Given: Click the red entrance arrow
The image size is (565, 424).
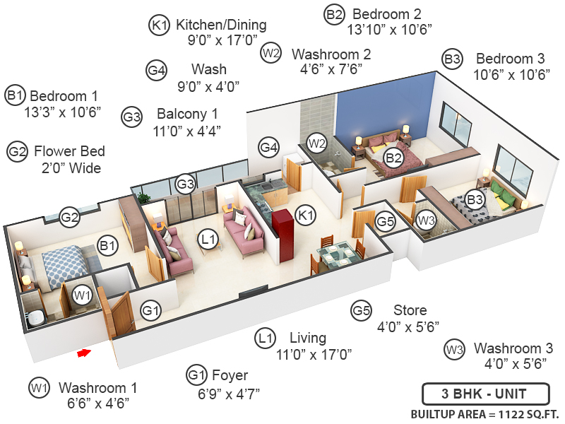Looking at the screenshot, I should (84, 352).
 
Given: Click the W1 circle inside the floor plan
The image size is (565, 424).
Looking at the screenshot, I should (83, 293).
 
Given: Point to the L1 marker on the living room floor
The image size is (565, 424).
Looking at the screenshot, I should (208, 240).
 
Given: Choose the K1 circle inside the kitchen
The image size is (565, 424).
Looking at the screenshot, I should (305, 213).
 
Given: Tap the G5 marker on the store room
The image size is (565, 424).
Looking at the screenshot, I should (385, 221).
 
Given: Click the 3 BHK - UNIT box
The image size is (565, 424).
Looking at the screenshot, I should (484, 393).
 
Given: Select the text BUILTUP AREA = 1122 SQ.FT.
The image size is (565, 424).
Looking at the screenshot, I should (484, 414).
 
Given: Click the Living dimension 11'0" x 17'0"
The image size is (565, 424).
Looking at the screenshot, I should (314, 353).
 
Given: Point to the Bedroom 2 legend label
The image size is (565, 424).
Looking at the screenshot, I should (386, 13).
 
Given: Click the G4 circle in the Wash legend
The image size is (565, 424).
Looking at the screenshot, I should (157, 70).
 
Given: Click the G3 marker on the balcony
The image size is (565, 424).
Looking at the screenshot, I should (185, 184).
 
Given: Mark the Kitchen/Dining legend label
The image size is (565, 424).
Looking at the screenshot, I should (221, 25).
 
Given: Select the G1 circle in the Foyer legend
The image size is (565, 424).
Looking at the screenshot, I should (196, 375).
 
